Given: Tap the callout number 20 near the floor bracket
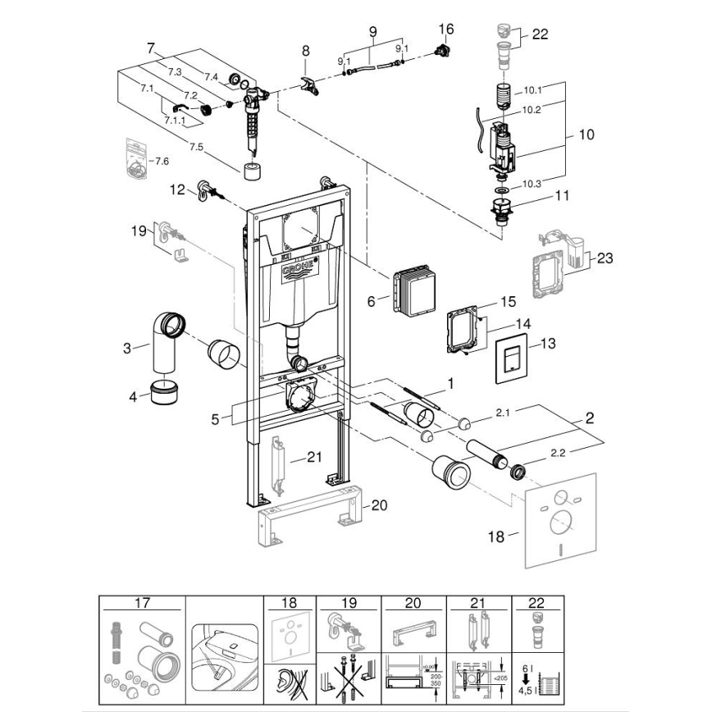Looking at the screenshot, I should [377, 504].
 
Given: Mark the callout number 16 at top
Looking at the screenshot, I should [445, 29].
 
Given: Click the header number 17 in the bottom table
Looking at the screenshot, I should [142, 602].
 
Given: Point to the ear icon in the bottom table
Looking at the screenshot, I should [285, 679].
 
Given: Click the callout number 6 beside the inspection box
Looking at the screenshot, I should [371, 302].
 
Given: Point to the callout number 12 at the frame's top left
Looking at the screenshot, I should [177, 190].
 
